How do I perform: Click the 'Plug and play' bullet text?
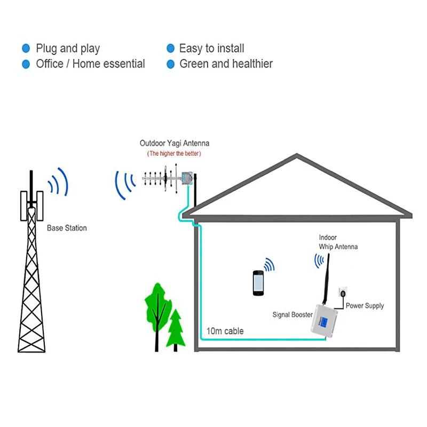68,49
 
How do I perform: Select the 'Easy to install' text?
211,49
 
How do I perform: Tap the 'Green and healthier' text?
226,64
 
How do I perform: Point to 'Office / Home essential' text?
90,64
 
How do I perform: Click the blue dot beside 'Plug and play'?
26,49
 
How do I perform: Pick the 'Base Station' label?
67,228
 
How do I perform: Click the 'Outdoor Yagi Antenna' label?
175,143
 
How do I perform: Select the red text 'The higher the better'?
174,154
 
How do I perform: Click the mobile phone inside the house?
258,283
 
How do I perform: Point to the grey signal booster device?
324,321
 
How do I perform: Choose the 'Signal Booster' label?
292,315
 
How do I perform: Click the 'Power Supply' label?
365,306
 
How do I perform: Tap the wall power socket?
343,292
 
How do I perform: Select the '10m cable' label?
225,331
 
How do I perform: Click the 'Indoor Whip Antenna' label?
338,242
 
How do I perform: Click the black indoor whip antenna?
326,279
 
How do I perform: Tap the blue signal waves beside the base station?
58,181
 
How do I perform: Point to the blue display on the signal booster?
324,322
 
